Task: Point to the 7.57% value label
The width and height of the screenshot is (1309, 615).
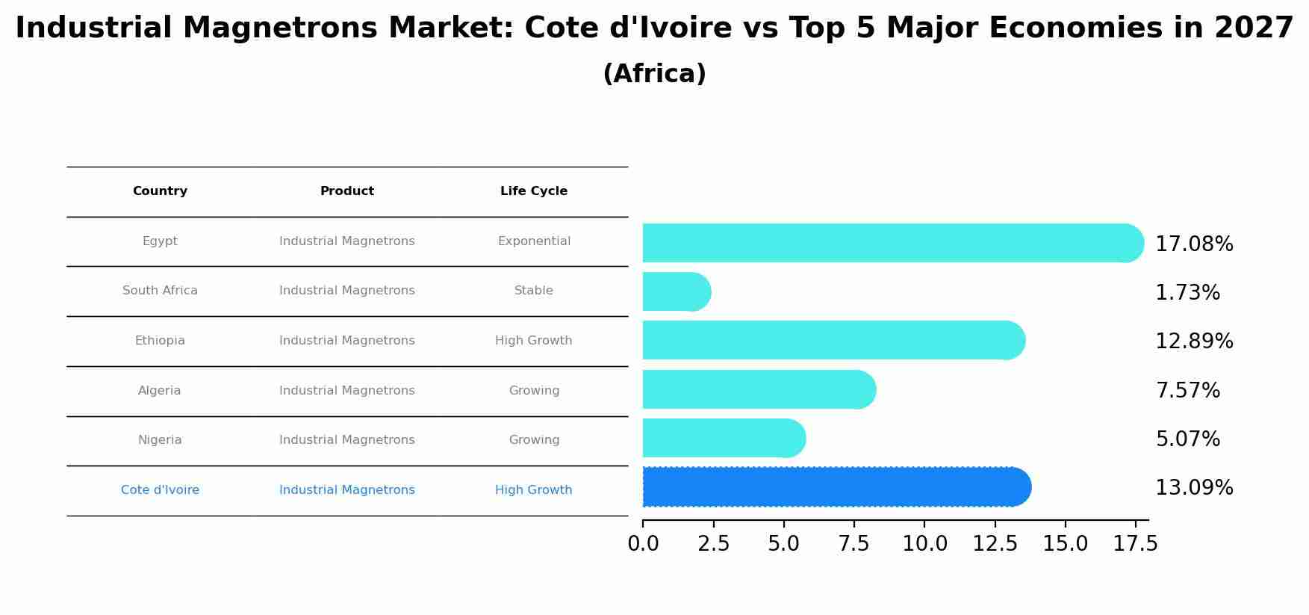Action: [1187, 391]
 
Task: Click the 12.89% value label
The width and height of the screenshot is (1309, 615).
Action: [1193, 342]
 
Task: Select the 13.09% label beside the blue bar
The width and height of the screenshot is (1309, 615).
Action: [1193, 488]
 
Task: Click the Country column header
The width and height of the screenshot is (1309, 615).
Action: [160, 191]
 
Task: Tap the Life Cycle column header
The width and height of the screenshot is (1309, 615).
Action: [533, 191]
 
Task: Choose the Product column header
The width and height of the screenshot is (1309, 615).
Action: [346, 191]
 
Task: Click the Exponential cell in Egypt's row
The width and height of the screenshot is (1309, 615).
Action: [533, 241]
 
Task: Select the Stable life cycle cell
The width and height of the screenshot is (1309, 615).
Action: [533, 291]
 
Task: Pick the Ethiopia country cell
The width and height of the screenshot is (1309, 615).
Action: [160, 341]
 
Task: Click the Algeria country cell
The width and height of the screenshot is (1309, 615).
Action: [160, 391]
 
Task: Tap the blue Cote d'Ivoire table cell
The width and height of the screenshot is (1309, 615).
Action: [160, 490]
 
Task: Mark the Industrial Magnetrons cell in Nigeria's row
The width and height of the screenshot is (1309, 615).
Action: [346, 440]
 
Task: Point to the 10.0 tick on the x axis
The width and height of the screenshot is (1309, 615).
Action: [924, 544]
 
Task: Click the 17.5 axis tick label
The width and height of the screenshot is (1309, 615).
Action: [1135, 544]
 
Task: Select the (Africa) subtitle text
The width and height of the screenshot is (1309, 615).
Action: [654, 74]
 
